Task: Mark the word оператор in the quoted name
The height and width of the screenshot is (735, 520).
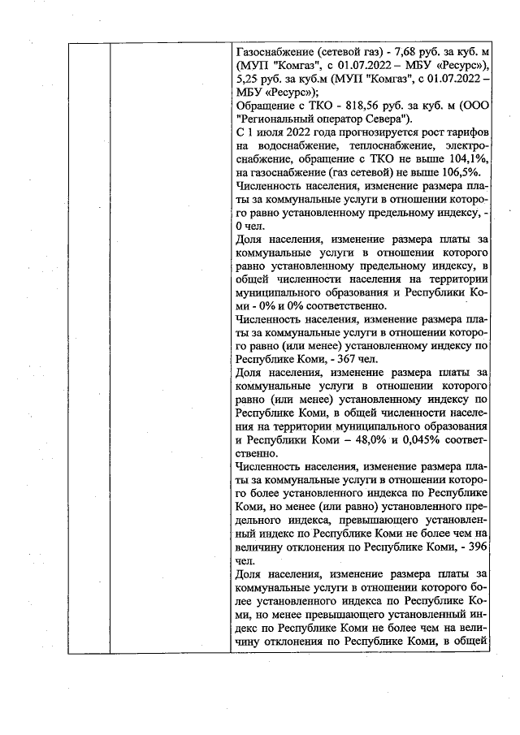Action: pyautogui.click(x=347, y=120)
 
